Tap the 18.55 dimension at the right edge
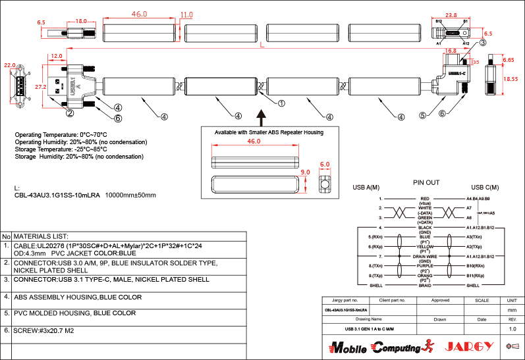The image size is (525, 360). pos(509,78)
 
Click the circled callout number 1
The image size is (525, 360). pos(281,103)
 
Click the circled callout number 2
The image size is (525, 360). pos(87,113)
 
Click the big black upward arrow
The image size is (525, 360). pos(279,117)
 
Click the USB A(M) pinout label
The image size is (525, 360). pos(366,186)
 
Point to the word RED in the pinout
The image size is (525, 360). pos(425,198)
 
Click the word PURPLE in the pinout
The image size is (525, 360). pos(425,265)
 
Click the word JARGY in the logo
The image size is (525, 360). pos(468,346)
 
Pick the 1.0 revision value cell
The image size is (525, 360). pos(512,328)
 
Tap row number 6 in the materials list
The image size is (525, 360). pos(6,330)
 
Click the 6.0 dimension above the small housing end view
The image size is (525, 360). pos(324,165)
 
